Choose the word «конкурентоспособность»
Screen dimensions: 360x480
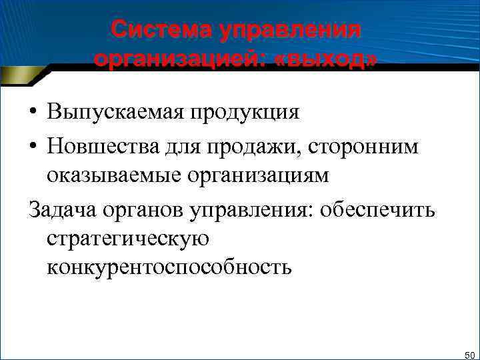[x=169, y=267]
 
